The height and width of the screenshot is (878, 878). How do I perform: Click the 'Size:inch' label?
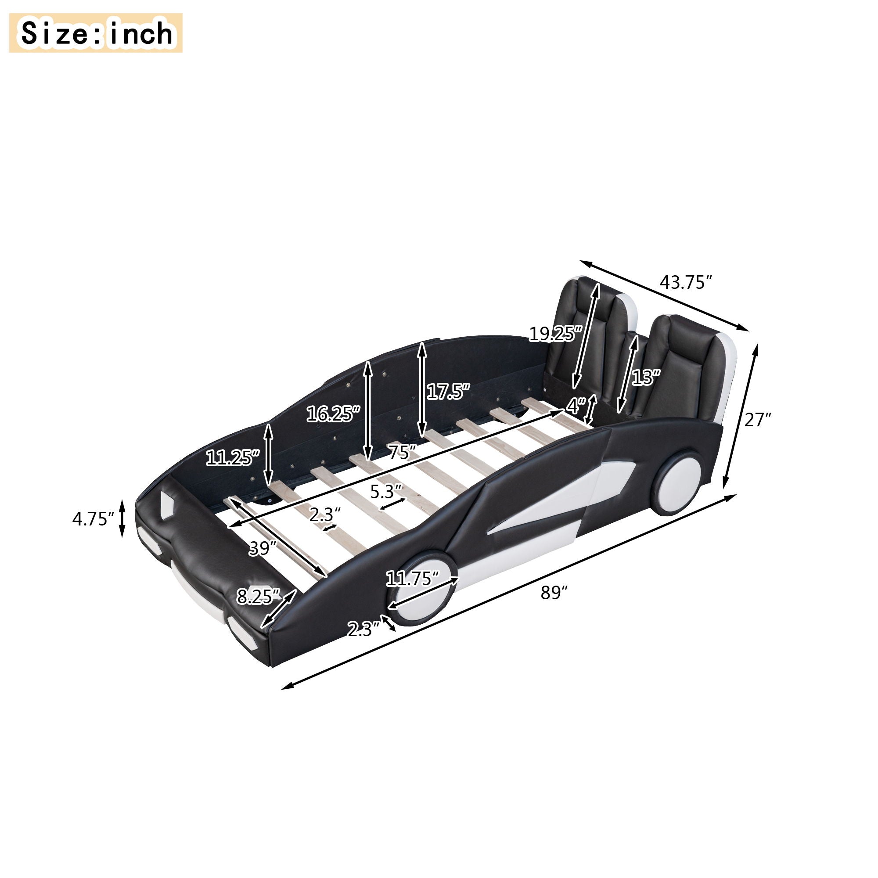tap(96, 33)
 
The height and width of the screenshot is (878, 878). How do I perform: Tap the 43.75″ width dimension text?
tap(685, 283)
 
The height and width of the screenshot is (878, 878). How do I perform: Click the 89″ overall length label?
tap(554, 593)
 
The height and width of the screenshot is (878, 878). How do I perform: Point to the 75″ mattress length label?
tap(402, 453)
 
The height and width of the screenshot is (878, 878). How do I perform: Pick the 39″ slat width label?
tap(263, 548)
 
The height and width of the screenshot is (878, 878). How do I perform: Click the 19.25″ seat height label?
tap(555, 334)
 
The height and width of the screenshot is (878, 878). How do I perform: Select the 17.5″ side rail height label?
tap(448, 392)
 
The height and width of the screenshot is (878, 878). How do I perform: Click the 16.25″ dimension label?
tap(333, 414)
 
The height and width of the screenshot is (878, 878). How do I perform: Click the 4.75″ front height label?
tap(93, 518)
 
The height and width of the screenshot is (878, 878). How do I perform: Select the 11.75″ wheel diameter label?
tap(412, 579)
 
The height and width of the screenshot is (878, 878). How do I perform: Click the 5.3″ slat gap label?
tap(386, 492)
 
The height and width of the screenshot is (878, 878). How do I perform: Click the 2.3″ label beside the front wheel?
tap(363, 630)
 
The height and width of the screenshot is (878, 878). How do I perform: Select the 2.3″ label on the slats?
tap(325, 515)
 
